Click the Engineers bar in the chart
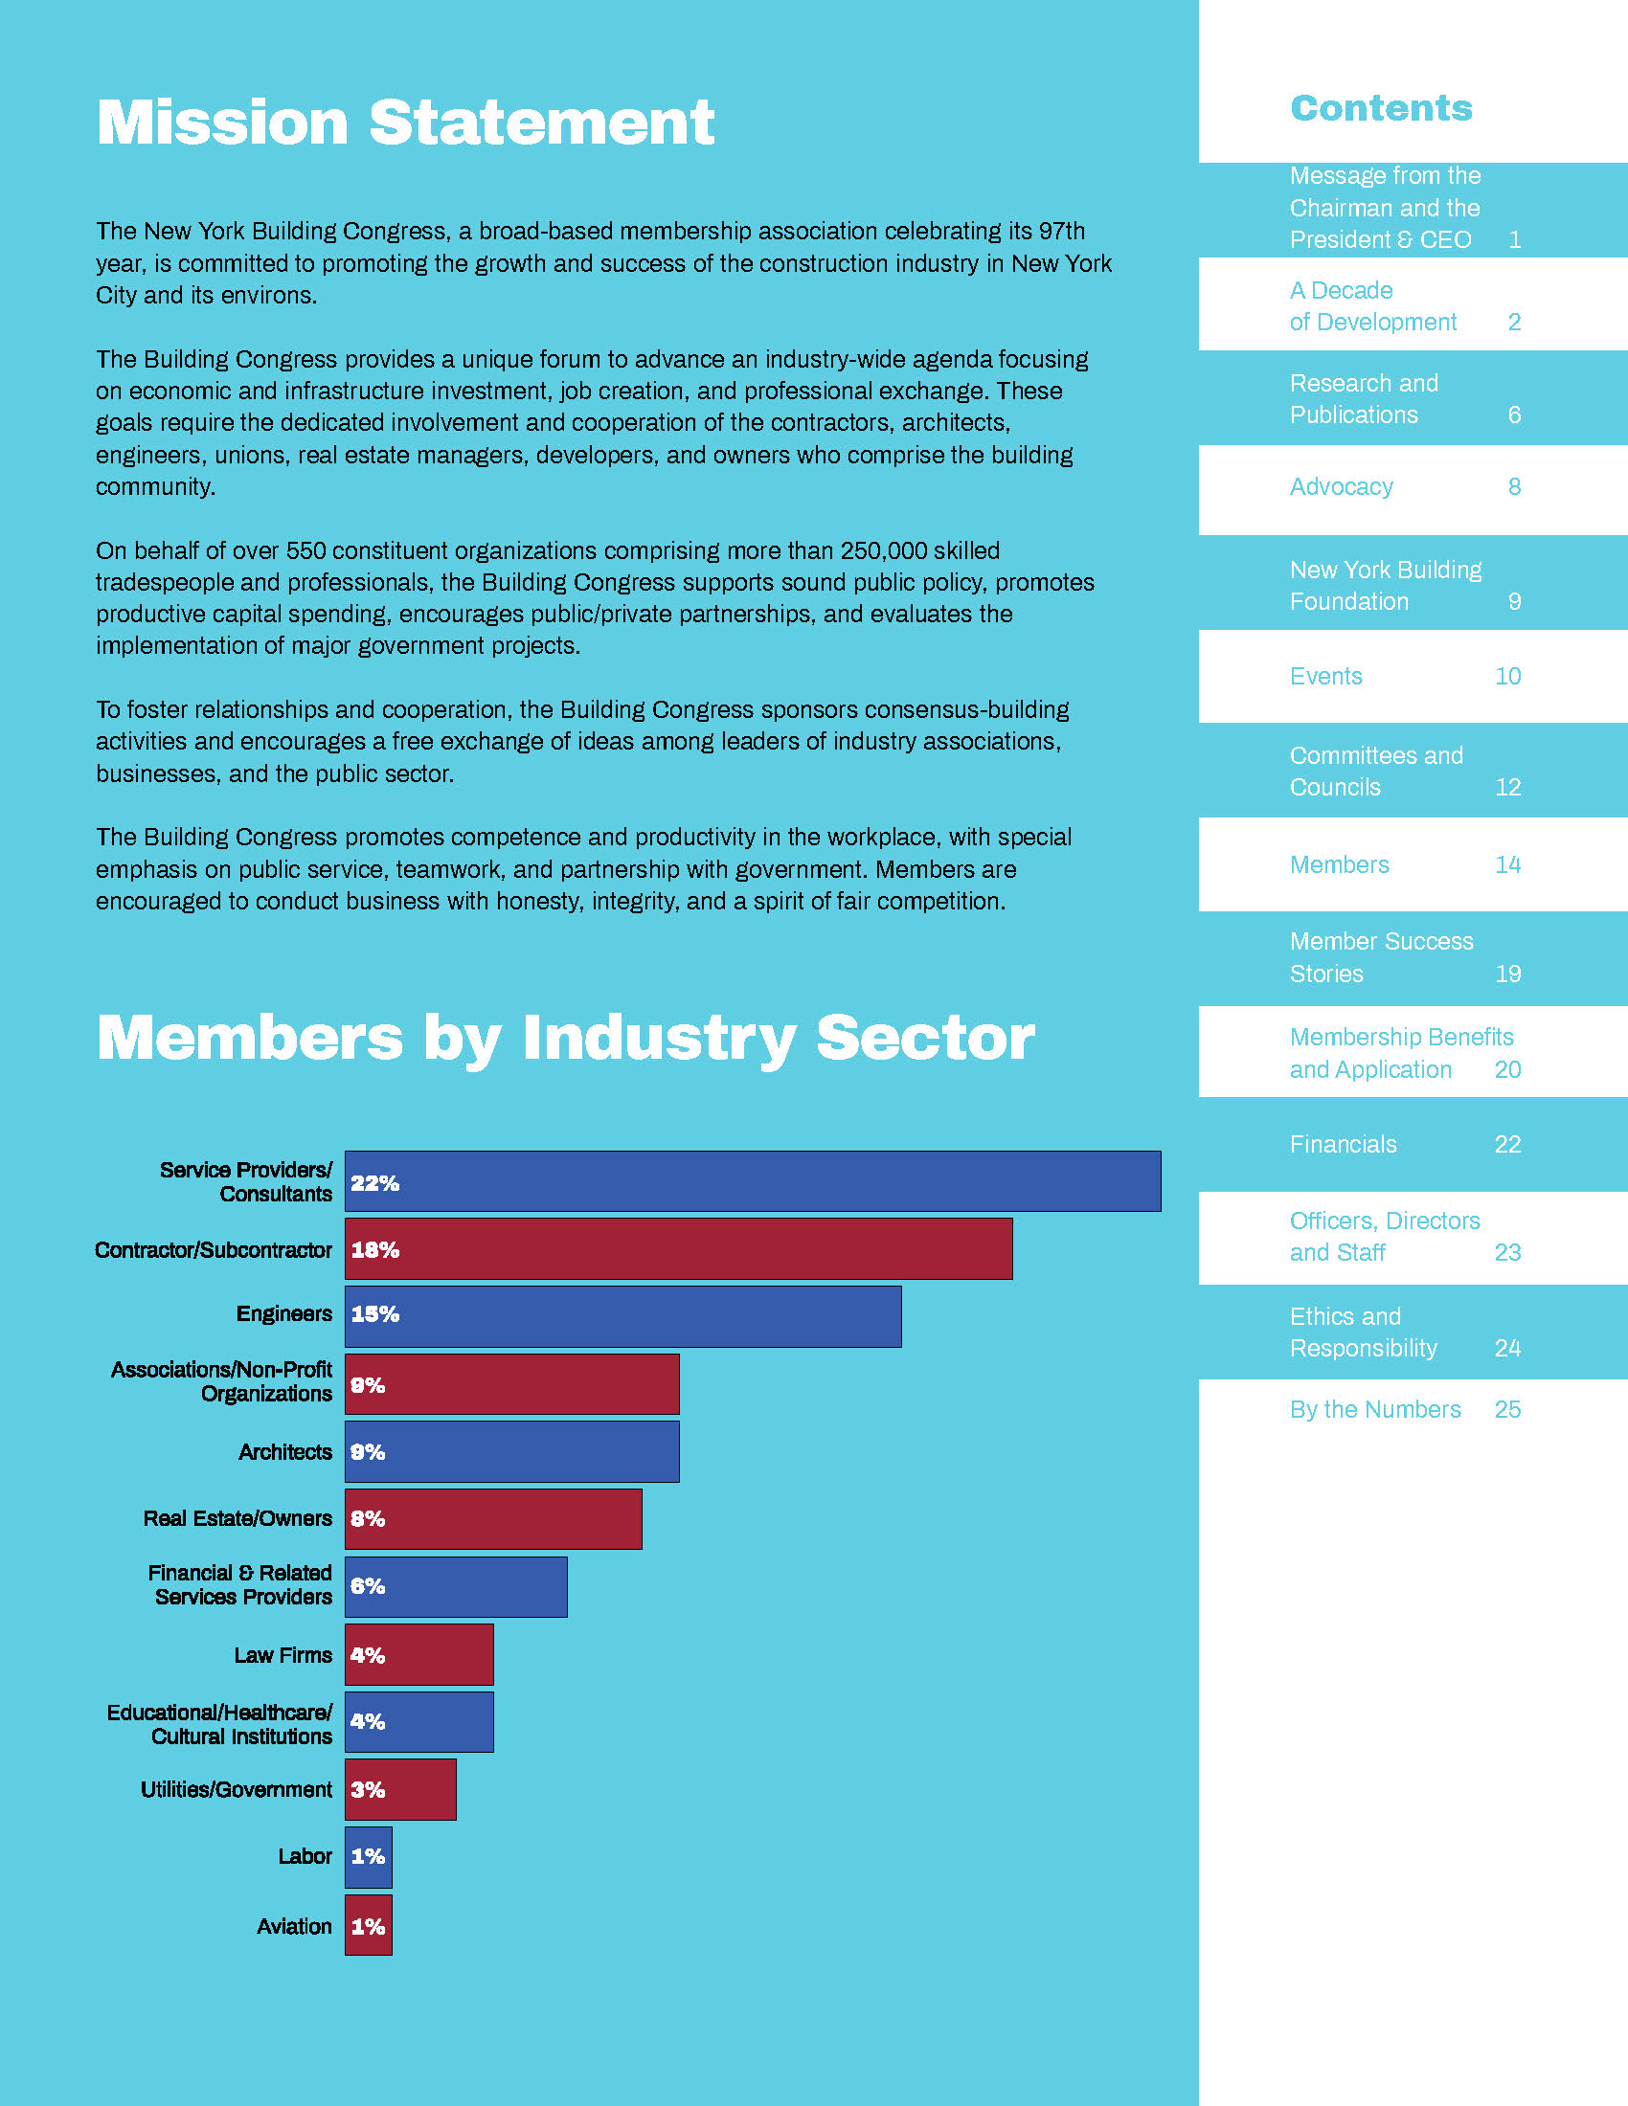coord(623,1315)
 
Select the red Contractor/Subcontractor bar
coord(678,1248)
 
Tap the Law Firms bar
coord(418,1655)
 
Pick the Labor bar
coord(369,1857)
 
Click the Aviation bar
coord(369,1926)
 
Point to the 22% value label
coord(374,1183)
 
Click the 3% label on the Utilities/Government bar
coord(368,1790)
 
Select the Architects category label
coord(285,1452)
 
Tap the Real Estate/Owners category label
coord(237,1519)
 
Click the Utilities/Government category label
coord(237,1790)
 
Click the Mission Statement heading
coord(405,123)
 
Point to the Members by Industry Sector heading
coord(565,1038)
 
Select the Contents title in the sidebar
coord(1381,108)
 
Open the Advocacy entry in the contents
coord(1342,487)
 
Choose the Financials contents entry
coord(1344,1145)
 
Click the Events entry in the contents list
coord(1326,676)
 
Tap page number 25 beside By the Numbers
coord(1507,1410)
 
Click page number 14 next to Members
coord(1507,865)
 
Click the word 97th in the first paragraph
coord(1062,232)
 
